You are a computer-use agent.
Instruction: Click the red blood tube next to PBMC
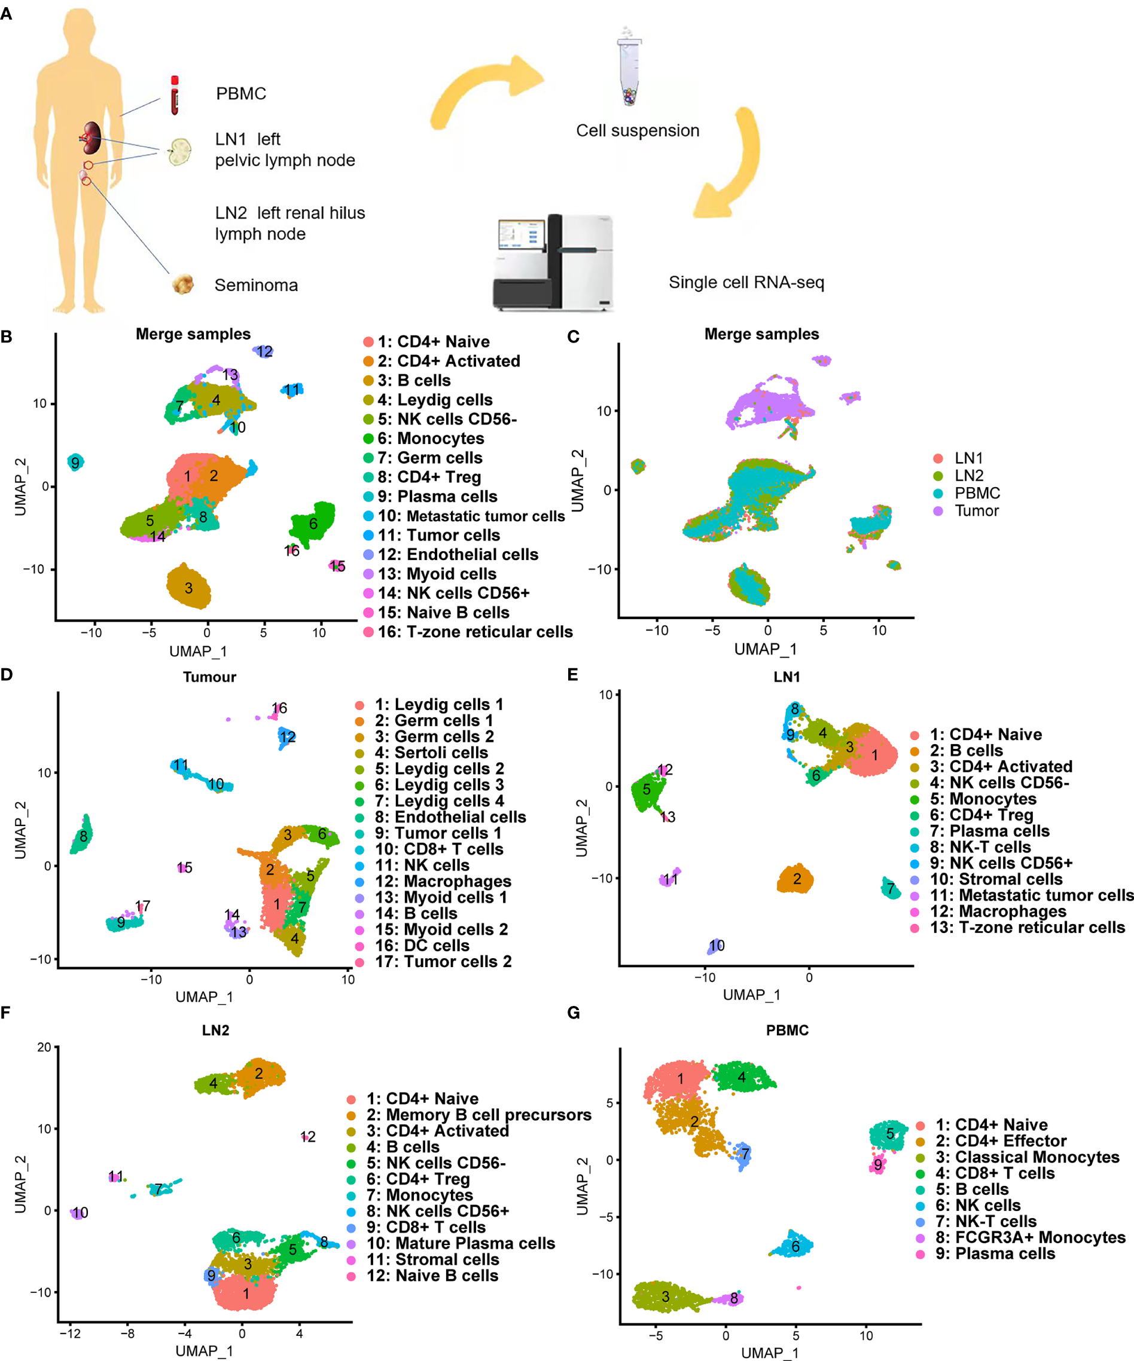[x=175, y=95]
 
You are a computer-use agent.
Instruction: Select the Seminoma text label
[x=256, y=285]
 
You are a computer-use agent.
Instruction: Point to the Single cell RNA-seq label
[x=746, y=283]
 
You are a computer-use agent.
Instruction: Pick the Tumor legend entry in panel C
[x=976, y=510]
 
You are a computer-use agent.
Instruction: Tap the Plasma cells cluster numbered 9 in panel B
[x=76, y=462]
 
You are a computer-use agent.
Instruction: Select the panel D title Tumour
[x=209, y=677]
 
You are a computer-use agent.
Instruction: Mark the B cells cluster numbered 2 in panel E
[x=795, y=879]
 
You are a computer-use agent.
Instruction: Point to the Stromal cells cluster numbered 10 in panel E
[x=715, y=946]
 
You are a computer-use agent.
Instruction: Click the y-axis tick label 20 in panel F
[x=44, y=1047]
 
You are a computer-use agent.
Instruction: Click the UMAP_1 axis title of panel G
[x=770, y=1353]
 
